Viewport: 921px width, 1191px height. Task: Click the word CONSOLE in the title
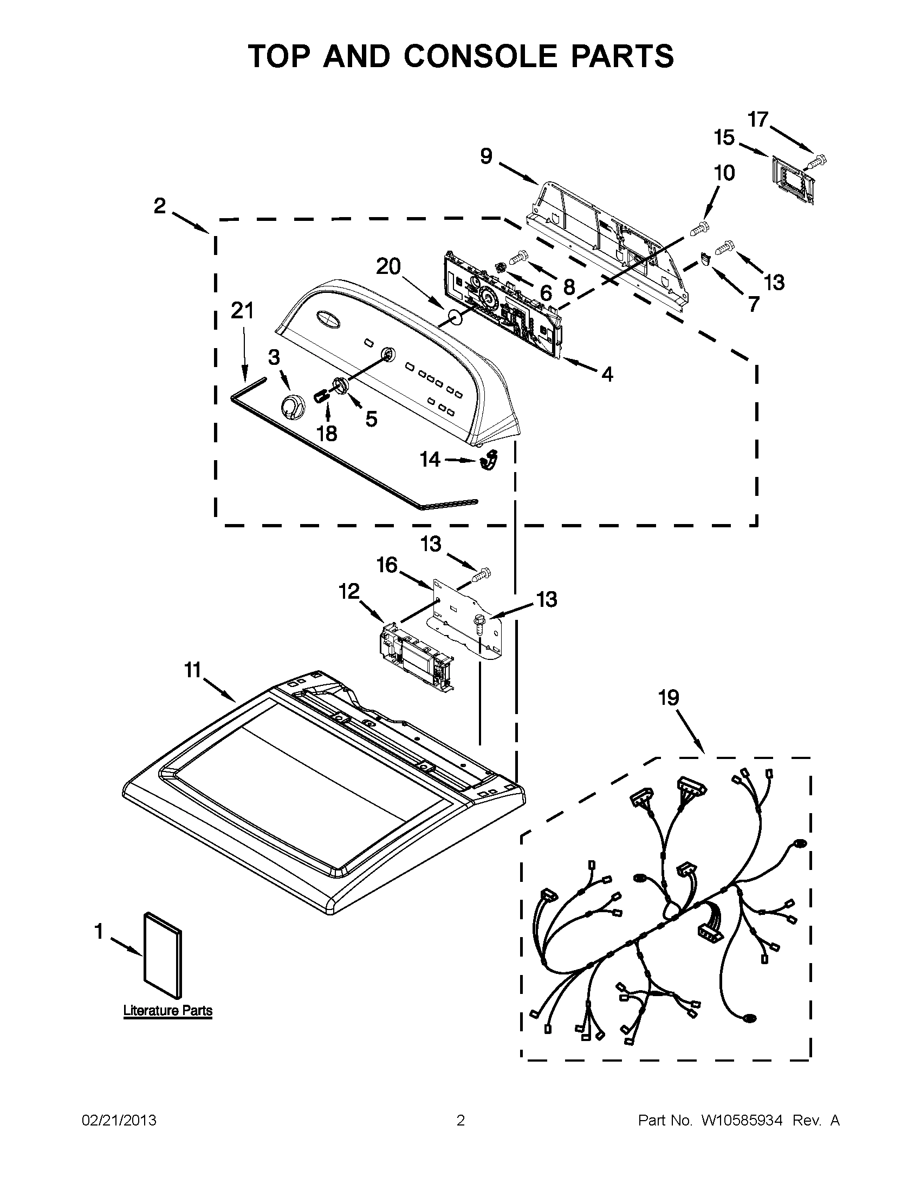481,56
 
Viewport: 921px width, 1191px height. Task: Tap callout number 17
758,120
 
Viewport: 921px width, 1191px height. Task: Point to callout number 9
486,156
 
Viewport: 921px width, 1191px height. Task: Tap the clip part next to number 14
489,460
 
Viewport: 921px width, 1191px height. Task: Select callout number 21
242,311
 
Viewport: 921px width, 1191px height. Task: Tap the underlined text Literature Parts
167,1011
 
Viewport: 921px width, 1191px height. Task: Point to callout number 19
669,697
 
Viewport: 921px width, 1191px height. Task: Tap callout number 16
387,565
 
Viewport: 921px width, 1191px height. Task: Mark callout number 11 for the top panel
193,670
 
